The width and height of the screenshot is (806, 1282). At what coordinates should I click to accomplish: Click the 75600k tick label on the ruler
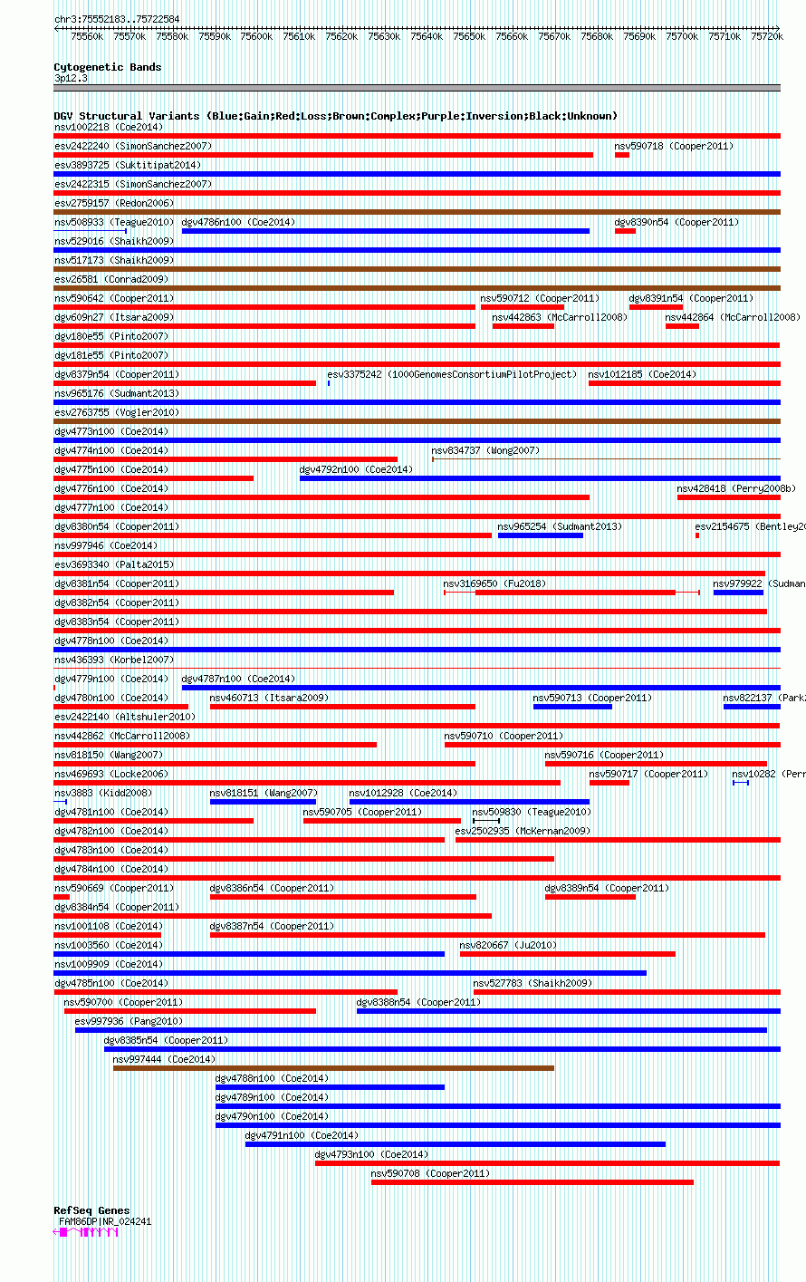point(256,37)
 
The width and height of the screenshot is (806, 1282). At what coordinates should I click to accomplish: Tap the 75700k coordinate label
point(682,37)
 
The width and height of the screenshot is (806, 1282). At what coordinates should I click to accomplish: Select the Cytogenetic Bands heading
point(107,67)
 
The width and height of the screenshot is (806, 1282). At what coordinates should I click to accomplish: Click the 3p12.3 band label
point(71,78)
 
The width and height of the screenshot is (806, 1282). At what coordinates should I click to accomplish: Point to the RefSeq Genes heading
point(91,1210)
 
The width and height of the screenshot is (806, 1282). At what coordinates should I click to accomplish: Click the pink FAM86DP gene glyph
point(87,1232)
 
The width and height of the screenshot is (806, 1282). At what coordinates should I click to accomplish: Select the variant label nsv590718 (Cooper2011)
point(674,146)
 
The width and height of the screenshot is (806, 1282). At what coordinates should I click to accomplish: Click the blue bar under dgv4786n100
point(385,231)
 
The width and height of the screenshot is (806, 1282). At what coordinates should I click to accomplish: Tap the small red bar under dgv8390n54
point(625,231)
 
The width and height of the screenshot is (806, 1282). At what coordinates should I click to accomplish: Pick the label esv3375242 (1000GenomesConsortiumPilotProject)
point(451,374)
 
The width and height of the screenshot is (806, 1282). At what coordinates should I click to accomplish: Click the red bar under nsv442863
point(523,326)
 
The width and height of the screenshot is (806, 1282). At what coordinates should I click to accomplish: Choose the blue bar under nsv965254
point(540,535)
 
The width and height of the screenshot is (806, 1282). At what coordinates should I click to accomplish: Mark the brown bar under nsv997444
point(333,1068)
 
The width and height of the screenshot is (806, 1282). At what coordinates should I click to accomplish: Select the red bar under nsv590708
point(532,1182)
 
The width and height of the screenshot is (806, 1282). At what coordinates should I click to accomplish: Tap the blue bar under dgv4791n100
point(455,1144)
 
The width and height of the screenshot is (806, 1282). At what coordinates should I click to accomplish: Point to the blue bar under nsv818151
point(263,802)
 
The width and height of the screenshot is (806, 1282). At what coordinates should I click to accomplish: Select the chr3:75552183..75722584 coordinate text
point(117,19)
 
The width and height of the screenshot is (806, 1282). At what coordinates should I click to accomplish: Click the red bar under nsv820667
point(567,954)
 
